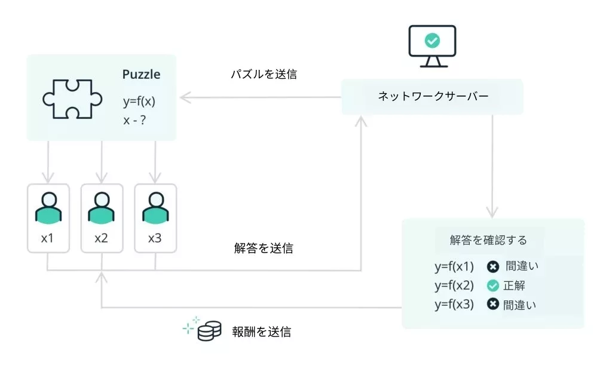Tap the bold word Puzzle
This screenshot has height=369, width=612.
[x=141, y=75]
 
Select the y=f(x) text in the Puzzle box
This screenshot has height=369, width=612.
[x=139, y=101]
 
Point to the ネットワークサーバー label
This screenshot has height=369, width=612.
[x=433, y=96]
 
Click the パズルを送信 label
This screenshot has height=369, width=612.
[x=264, y=75]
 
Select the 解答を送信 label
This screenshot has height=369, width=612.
[x=264, y=248]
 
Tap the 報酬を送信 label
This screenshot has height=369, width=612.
[x=261, y=332]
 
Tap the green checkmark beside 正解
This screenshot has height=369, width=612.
[x=492, y=285]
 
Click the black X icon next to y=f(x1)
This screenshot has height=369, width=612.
[x=492, y=266]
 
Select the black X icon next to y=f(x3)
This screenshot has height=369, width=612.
[x=492, y=305]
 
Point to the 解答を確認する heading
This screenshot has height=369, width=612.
[x=488, y=240]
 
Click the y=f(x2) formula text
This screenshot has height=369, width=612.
[x=454, y=285]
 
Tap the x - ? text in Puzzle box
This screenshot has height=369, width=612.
[x=135, y=119]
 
